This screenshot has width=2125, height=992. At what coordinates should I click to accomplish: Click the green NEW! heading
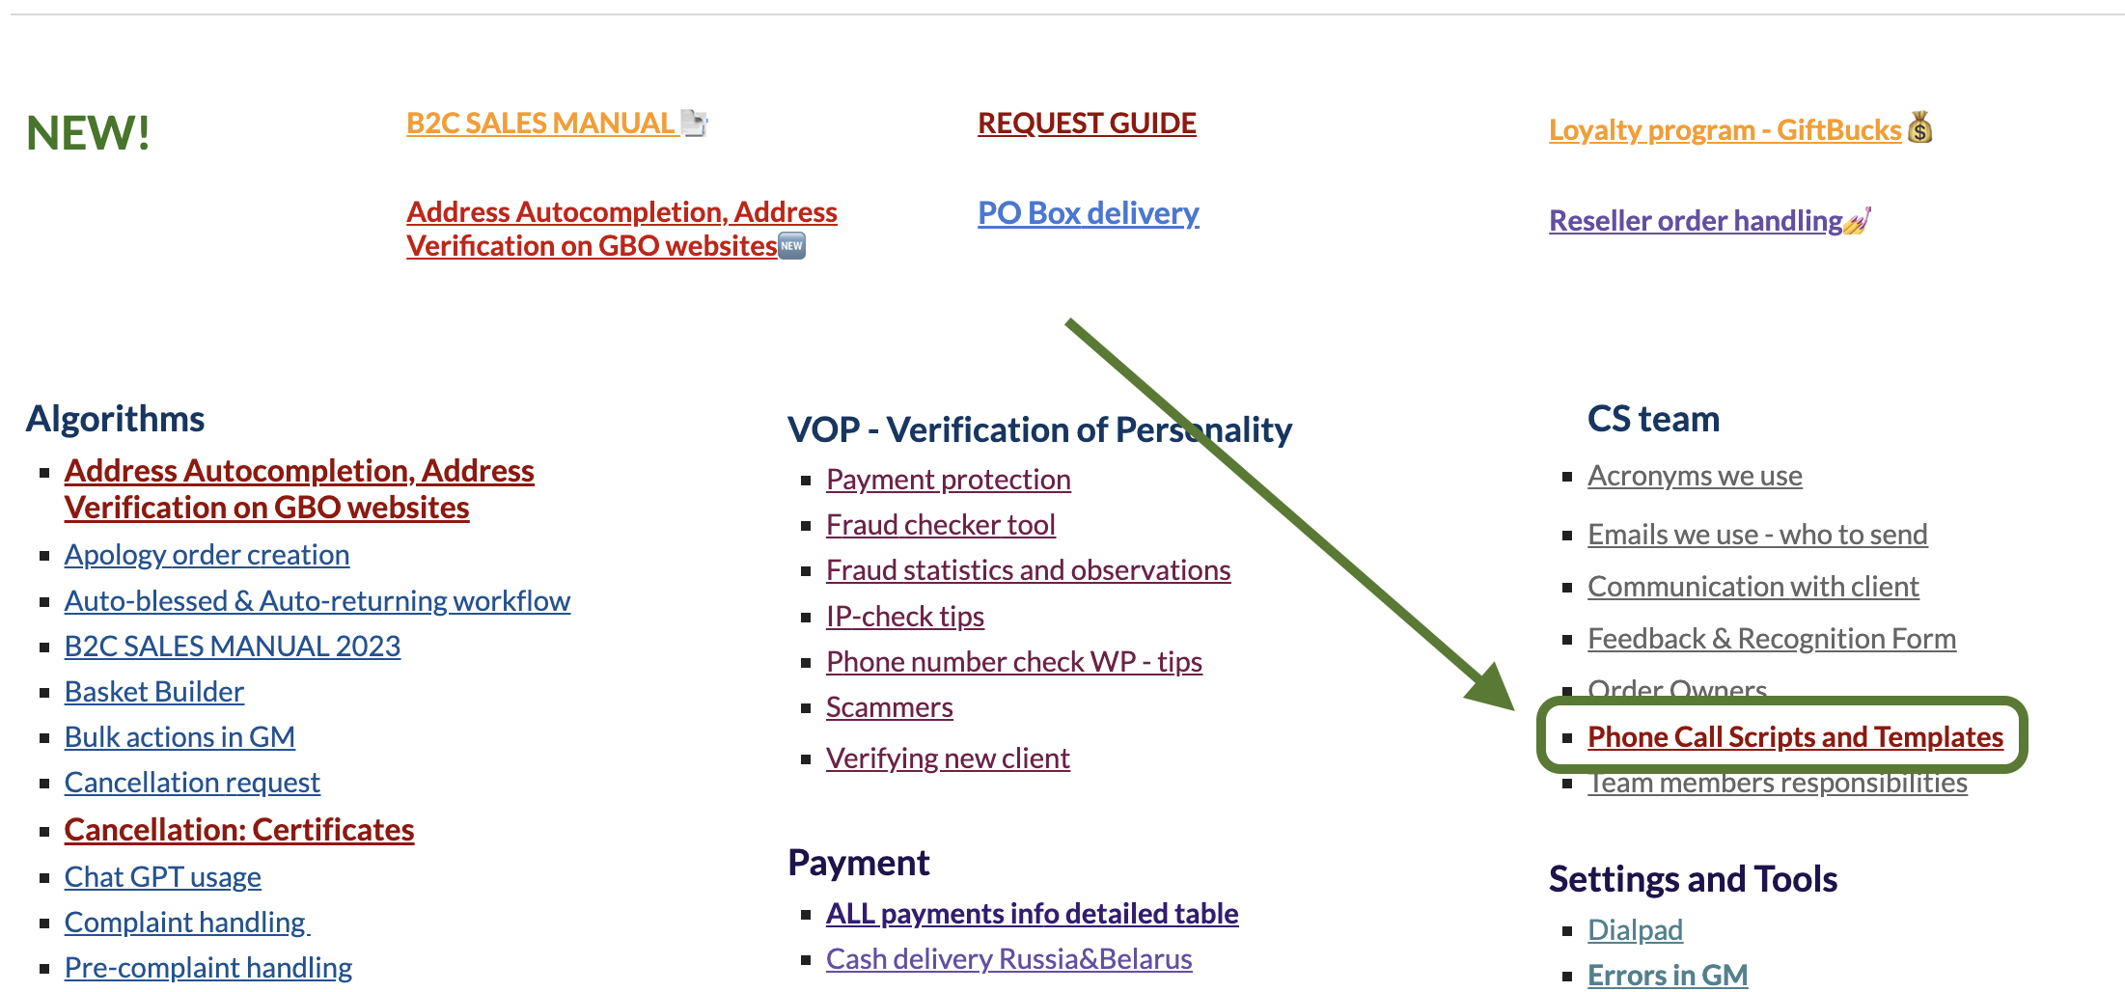(x=88, y=132)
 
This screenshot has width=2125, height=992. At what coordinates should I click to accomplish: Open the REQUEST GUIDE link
(x=1087, y=124)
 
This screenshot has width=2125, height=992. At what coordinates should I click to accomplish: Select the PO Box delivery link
(x=1089, y=212)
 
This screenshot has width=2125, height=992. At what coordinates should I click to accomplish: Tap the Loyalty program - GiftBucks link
(x=1725, y=129)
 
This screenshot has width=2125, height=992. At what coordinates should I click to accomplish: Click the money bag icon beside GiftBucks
(x=1920, y=127)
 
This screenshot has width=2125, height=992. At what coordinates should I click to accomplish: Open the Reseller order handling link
(x=1696, y=220)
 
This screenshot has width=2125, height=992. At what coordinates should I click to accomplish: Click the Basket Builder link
(x=154, y=691)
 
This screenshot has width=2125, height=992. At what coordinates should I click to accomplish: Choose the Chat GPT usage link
(x=163, y=876)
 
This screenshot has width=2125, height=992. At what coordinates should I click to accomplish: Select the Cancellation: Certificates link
(x=239, y=830)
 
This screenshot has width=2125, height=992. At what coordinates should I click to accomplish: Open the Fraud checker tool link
(x=941, y=524)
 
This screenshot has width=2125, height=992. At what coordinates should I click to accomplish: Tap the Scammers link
(x=890, y=707)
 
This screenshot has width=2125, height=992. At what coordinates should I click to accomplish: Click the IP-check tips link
(x=905, y=616)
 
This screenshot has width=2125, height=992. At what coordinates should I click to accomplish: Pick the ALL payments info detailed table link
(x=1033, y=913)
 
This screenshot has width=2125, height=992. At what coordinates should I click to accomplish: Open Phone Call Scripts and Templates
(x=1796, y=736)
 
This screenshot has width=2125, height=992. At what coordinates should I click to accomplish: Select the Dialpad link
(x=1636, y=929)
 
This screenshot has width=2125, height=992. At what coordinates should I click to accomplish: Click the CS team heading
(x=1653, y=418)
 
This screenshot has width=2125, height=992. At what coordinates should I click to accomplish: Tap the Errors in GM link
(x=1668, y=975)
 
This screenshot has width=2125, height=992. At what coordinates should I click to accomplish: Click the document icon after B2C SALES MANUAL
(x=694, y=123)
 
